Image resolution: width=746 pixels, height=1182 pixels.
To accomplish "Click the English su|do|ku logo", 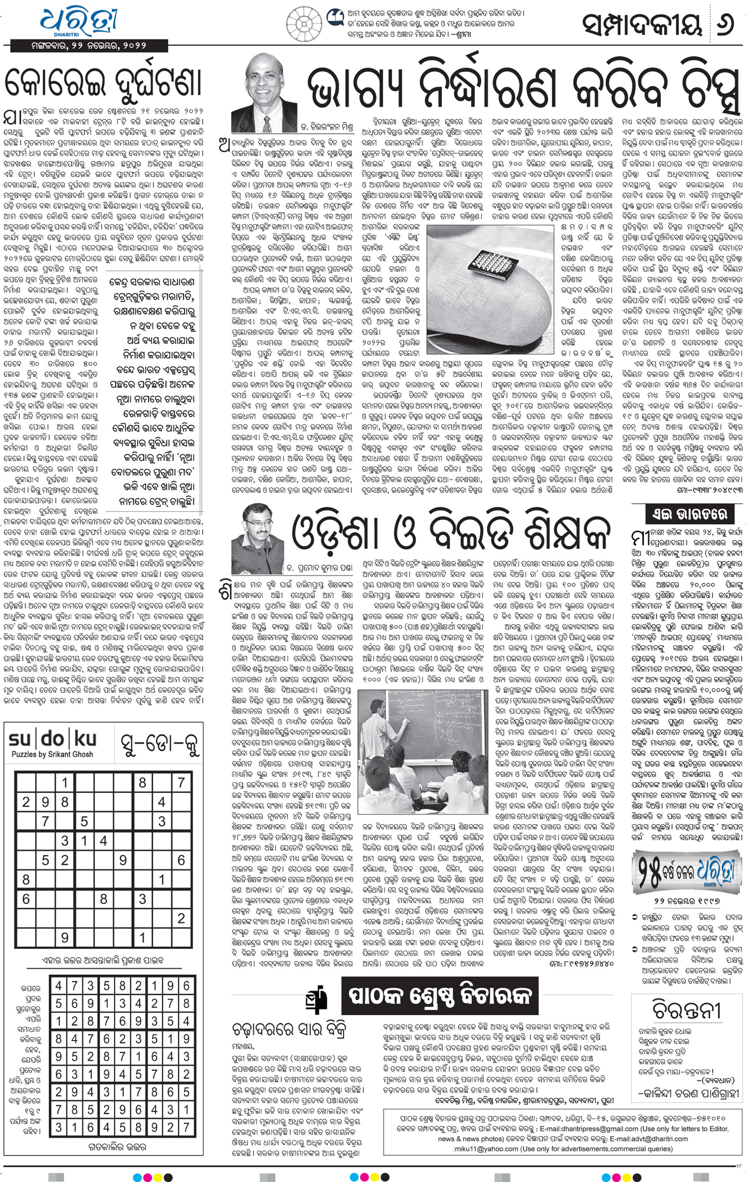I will click(53, 739).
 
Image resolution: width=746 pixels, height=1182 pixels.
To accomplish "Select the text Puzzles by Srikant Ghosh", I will click(53, 754).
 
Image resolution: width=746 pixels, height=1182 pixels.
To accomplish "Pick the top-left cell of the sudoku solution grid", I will click(59, 986).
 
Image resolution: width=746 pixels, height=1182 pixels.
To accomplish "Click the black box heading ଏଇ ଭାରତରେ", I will click(688, 514).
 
